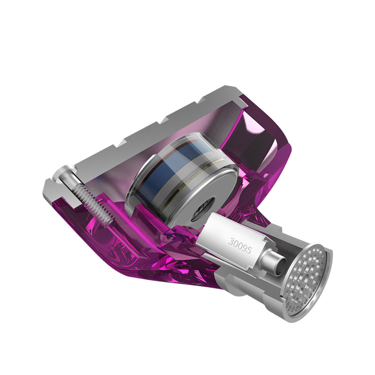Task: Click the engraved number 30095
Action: point(240,245)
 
